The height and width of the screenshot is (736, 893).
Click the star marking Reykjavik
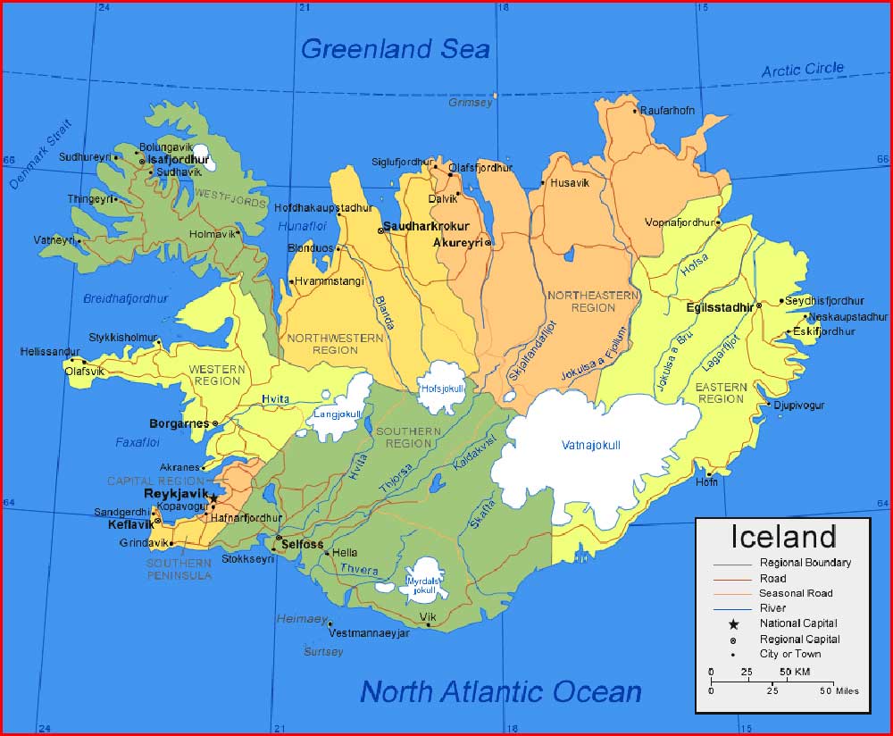click(213, 498)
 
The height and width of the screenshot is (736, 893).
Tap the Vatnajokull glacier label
click(590, 445)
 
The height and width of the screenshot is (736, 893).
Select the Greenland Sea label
click(396, 48)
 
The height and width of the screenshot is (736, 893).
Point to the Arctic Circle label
click(802, 70)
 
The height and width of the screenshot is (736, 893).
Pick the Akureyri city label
click(457, 242)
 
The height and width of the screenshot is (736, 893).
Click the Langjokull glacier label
click(338, 414)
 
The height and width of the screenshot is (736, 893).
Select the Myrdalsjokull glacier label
click(423, 585)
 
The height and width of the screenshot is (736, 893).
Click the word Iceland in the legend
click(783, 537)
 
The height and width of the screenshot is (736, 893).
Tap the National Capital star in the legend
click(733, 623)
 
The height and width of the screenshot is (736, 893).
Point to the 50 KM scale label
click(795, 672)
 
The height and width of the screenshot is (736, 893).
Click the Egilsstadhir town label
click(720, 306)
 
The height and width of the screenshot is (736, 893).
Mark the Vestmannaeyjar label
click(369, 632)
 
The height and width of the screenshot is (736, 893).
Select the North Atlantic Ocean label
click(501, 691)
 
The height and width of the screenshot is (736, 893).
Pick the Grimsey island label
click(470, 103)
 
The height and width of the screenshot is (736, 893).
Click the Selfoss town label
click(302, 544)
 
